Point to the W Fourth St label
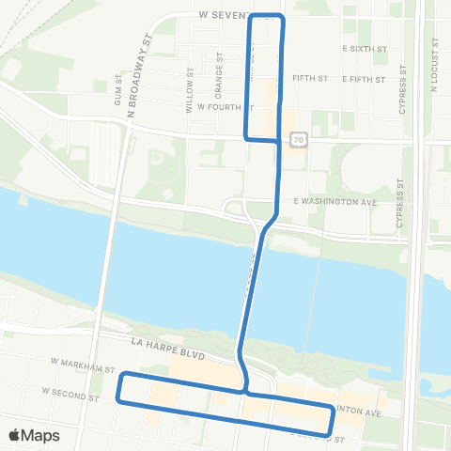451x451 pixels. tap(219, 106)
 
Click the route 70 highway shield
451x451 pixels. tap(297, 139)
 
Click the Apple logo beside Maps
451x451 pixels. tap(15, 435)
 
